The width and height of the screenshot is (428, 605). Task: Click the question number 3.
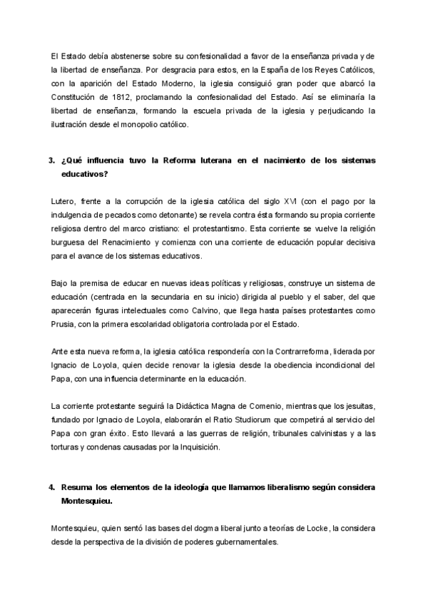(51, 160)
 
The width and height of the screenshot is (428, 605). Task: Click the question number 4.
(51, 486)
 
